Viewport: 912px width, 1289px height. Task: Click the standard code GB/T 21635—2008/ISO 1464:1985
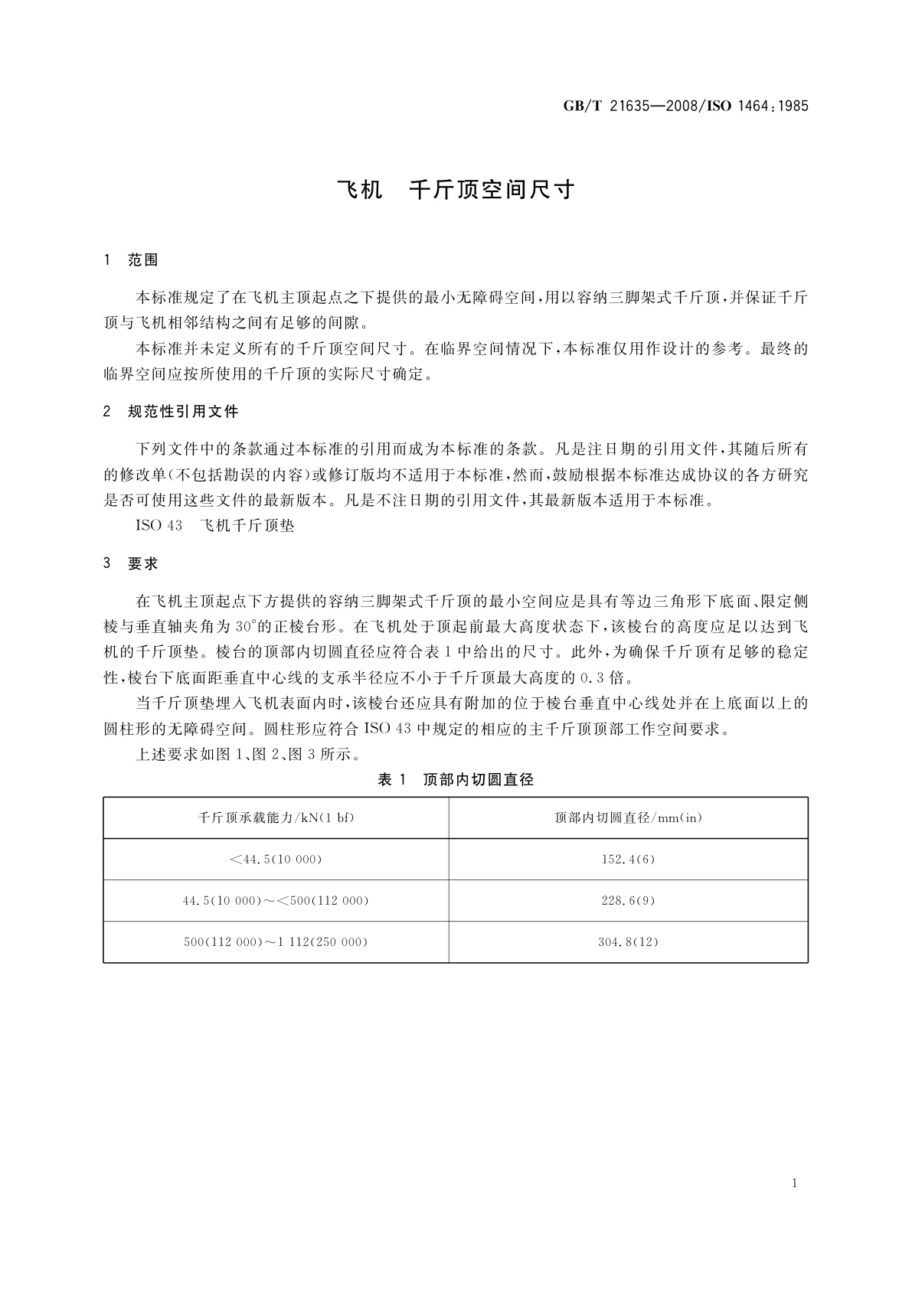[685, 106]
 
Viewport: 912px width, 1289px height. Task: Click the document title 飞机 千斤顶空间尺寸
[456, 190]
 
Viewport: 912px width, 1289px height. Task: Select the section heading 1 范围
[131, 260]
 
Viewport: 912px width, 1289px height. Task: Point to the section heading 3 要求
[131, 563]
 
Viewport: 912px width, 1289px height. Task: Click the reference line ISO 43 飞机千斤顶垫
[214, 526]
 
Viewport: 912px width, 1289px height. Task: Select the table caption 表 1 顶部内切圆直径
[456, 780]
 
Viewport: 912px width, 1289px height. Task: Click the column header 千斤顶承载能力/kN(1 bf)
[276, 817]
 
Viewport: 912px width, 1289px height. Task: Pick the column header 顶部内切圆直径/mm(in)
[628, 817]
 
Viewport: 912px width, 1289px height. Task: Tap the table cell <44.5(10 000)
[276, 859]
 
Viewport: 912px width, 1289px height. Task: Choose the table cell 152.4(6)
[628, 859]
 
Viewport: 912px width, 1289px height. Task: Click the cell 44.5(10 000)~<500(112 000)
[276, 900]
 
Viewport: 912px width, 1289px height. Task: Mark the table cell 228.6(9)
[628, 900]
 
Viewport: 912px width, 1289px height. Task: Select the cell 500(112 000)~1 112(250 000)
[276, 941]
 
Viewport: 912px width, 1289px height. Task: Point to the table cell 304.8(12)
[628, 941]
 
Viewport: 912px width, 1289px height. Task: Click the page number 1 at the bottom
[795, 1183]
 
